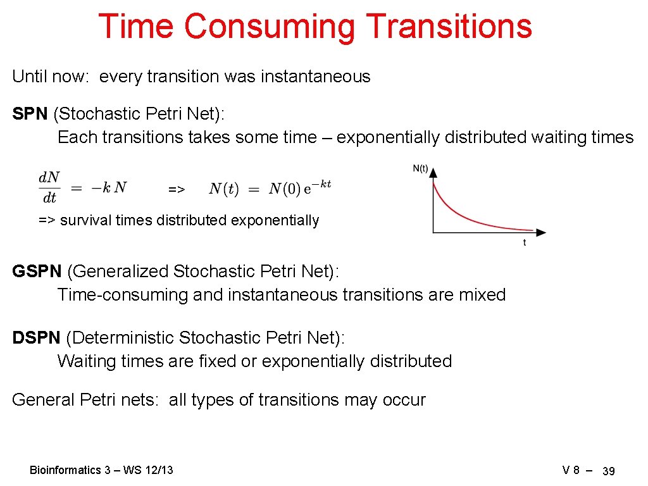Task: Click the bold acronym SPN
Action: [x=30, y=114]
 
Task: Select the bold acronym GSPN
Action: [x=37, y=271]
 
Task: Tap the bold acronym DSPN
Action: [x=36, y=338]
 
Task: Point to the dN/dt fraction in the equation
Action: [x=49, y=187]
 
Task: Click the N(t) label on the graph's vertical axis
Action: [x=420, y=169]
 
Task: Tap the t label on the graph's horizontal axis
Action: [x=524, y=243]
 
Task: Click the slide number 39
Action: [x=609, y=471]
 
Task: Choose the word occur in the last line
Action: [x=404, y=400]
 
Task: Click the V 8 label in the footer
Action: [x=571, y=470]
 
